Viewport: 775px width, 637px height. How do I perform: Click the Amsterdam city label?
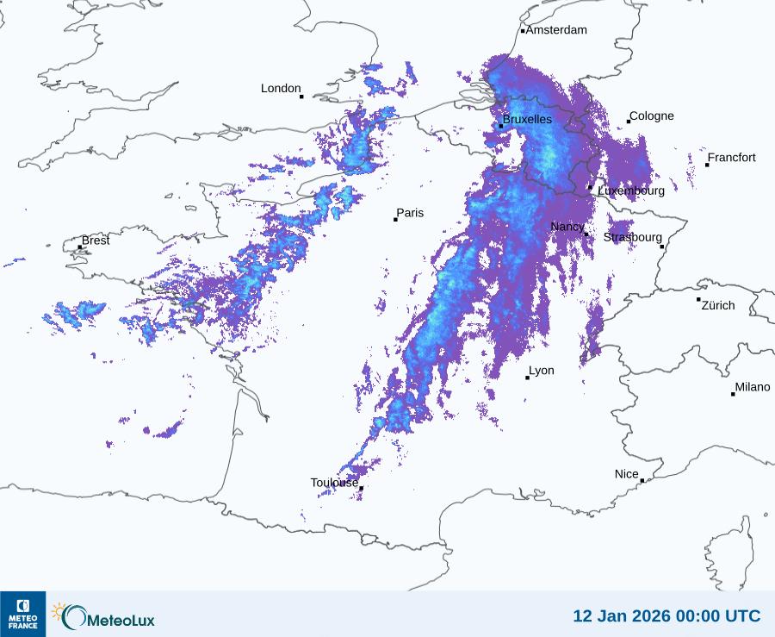(556, 30)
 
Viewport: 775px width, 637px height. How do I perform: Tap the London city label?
(281, 89)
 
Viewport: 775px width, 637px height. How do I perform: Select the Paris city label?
(410, 213)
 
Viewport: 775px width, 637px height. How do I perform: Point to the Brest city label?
(96, 240)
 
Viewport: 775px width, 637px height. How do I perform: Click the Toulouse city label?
(334, 483)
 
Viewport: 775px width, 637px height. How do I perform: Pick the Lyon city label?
(542, 371)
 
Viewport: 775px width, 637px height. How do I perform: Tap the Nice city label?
(627, 474)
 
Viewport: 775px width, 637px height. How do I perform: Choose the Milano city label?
(753, 387)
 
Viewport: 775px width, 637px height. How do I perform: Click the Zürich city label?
(718, 305)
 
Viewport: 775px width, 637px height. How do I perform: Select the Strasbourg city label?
(633, 237)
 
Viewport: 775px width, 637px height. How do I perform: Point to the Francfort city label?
(732, 158)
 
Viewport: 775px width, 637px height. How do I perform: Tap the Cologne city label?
(652, 116)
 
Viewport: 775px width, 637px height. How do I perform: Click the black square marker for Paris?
(395, 220)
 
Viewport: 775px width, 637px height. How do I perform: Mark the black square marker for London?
(301, 97)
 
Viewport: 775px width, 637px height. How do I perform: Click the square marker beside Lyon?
(528, 378)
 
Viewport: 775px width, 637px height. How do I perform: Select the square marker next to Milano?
(733, 394)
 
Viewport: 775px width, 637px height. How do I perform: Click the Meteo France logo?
(22, 614)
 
